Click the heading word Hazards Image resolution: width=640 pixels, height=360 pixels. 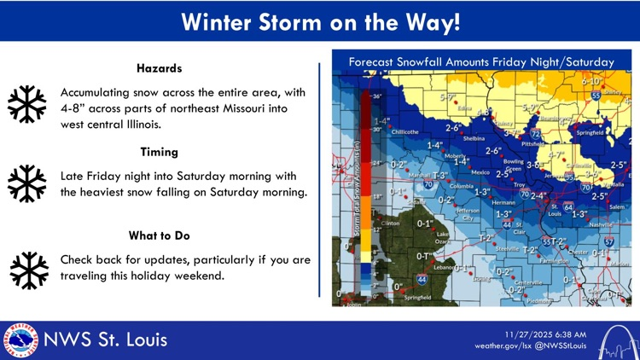(159, 68)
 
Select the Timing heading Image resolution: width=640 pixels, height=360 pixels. (159, 152)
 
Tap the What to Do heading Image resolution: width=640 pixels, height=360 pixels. (159, 235)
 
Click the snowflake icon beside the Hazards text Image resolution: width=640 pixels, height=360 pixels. (27, 104)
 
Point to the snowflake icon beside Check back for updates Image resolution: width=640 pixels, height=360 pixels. (27, 270)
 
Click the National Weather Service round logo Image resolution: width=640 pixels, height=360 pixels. (20, 340)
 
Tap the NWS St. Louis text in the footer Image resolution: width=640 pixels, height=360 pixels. (106, 340)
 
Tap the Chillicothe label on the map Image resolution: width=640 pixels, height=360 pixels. (405, 132)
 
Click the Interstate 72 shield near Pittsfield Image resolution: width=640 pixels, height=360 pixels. (536, 134)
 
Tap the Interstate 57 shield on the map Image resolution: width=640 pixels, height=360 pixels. (609, 243)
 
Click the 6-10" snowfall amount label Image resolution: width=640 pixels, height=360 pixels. (591, 82)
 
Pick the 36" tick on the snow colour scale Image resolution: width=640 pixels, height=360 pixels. (375, 96)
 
